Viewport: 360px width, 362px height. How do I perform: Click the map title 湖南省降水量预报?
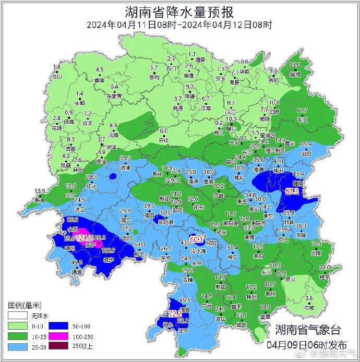[179, 12]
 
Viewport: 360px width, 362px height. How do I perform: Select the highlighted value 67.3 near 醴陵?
[292, 191]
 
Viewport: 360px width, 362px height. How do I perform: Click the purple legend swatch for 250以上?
[17, 345]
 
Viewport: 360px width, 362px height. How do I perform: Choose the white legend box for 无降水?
[17, 316]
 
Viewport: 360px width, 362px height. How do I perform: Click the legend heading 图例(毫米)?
[25, 305]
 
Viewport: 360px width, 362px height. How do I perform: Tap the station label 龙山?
[57, 76]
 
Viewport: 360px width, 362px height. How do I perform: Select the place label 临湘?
[295, 74]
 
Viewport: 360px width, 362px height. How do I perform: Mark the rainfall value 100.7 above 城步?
[108, 251]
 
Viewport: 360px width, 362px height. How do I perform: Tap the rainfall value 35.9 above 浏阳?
[306, 144]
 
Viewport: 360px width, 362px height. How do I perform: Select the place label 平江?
[302, 119]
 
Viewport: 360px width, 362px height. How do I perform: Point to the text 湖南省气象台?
[308, 330]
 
